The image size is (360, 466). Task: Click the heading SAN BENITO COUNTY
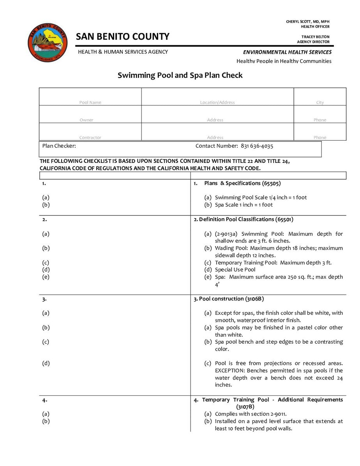tap(123, 37)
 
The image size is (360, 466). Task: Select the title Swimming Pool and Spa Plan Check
tap(180, 75)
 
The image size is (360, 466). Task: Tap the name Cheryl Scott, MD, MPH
tap(308, 21)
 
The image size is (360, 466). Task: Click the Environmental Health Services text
tap(287, 52)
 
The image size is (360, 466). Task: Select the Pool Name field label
tap(90, 102)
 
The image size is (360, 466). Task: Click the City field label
tap(320, 102)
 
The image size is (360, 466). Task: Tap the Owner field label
tap(86, 120)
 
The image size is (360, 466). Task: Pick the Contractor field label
tap(90, 138)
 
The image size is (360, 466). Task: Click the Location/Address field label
tap(217, 102)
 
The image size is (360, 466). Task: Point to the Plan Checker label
tap(59, 146)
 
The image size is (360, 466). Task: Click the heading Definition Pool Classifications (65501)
tap(244, 219)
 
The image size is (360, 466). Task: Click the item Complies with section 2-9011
tap(251, 414)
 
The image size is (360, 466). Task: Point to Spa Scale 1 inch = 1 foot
tap(244, 205)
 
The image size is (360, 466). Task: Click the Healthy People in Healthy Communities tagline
tap(284, 61)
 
